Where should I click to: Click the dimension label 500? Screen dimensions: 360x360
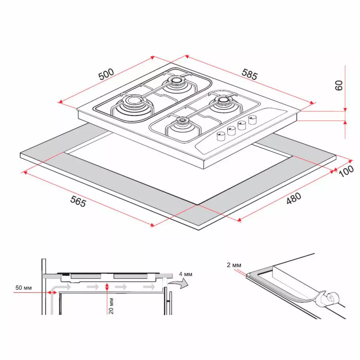point(106,75)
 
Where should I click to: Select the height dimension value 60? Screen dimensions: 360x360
point(339,85)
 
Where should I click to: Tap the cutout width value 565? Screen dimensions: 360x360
point(78,201)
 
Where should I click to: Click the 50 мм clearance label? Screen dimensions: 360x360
point(24,288)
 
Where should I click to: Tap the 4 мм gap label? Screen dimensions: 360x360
point(185,274)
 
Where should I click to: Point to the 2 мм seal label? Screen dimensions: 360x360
point(234,265)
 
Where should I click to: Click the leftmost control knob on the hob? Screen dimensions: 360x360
point(221,136)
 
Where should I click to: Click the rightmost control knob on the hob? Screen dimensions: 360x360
point(252,120)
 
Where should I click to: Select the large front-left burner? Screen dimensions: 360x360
point(134,103)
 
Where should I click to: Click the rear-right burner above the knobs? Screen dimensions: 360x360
point(223,101)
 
